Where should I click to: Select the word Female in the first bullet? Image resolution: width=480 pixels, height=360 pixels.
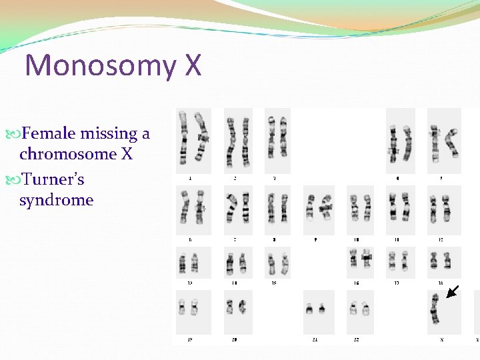click(48, 133)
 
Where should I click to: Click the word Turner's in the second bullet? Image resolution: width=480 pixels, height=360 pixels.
click(52, 179)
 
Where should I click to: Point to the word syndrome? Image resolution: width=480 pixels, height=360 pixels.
click(56, 200)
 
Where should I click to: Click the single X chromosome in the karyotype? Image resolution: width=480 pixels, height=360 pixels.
click(435, 309)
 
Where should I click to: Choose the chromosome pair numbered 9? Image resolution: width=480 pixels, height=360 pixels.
click(318, 209)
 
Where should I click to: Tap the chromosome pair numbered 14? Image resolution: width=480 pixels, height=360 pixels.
click(235, 263)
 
